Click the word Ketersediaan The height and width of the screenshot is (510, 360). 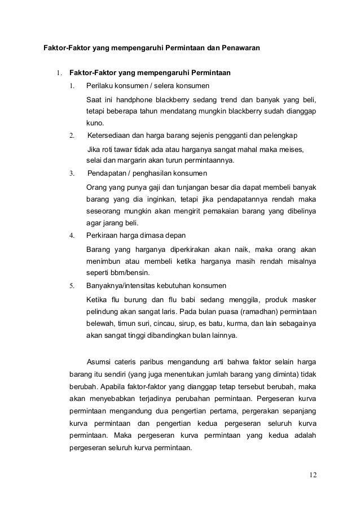pyautogui.click(x=112, y=136)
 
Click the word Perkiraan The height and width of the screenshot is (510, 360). pyautogui.click(x=103, y=235)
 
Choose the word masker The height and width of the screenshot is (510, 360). pyautogui.click(x=304, y=299)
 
